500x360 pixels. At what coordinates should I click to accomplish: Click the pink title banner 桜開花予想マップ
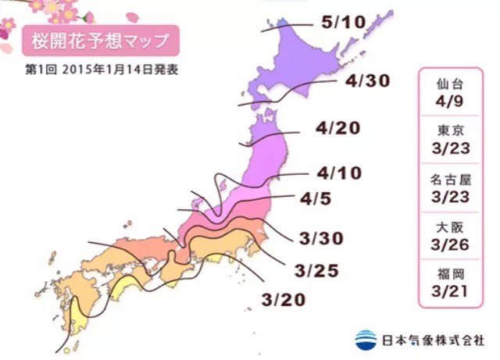pyautogui.click(x=101, y=38)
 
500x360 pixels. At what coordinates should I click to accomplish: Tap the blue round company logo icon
pyautogui.click(x=365, y=339)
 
